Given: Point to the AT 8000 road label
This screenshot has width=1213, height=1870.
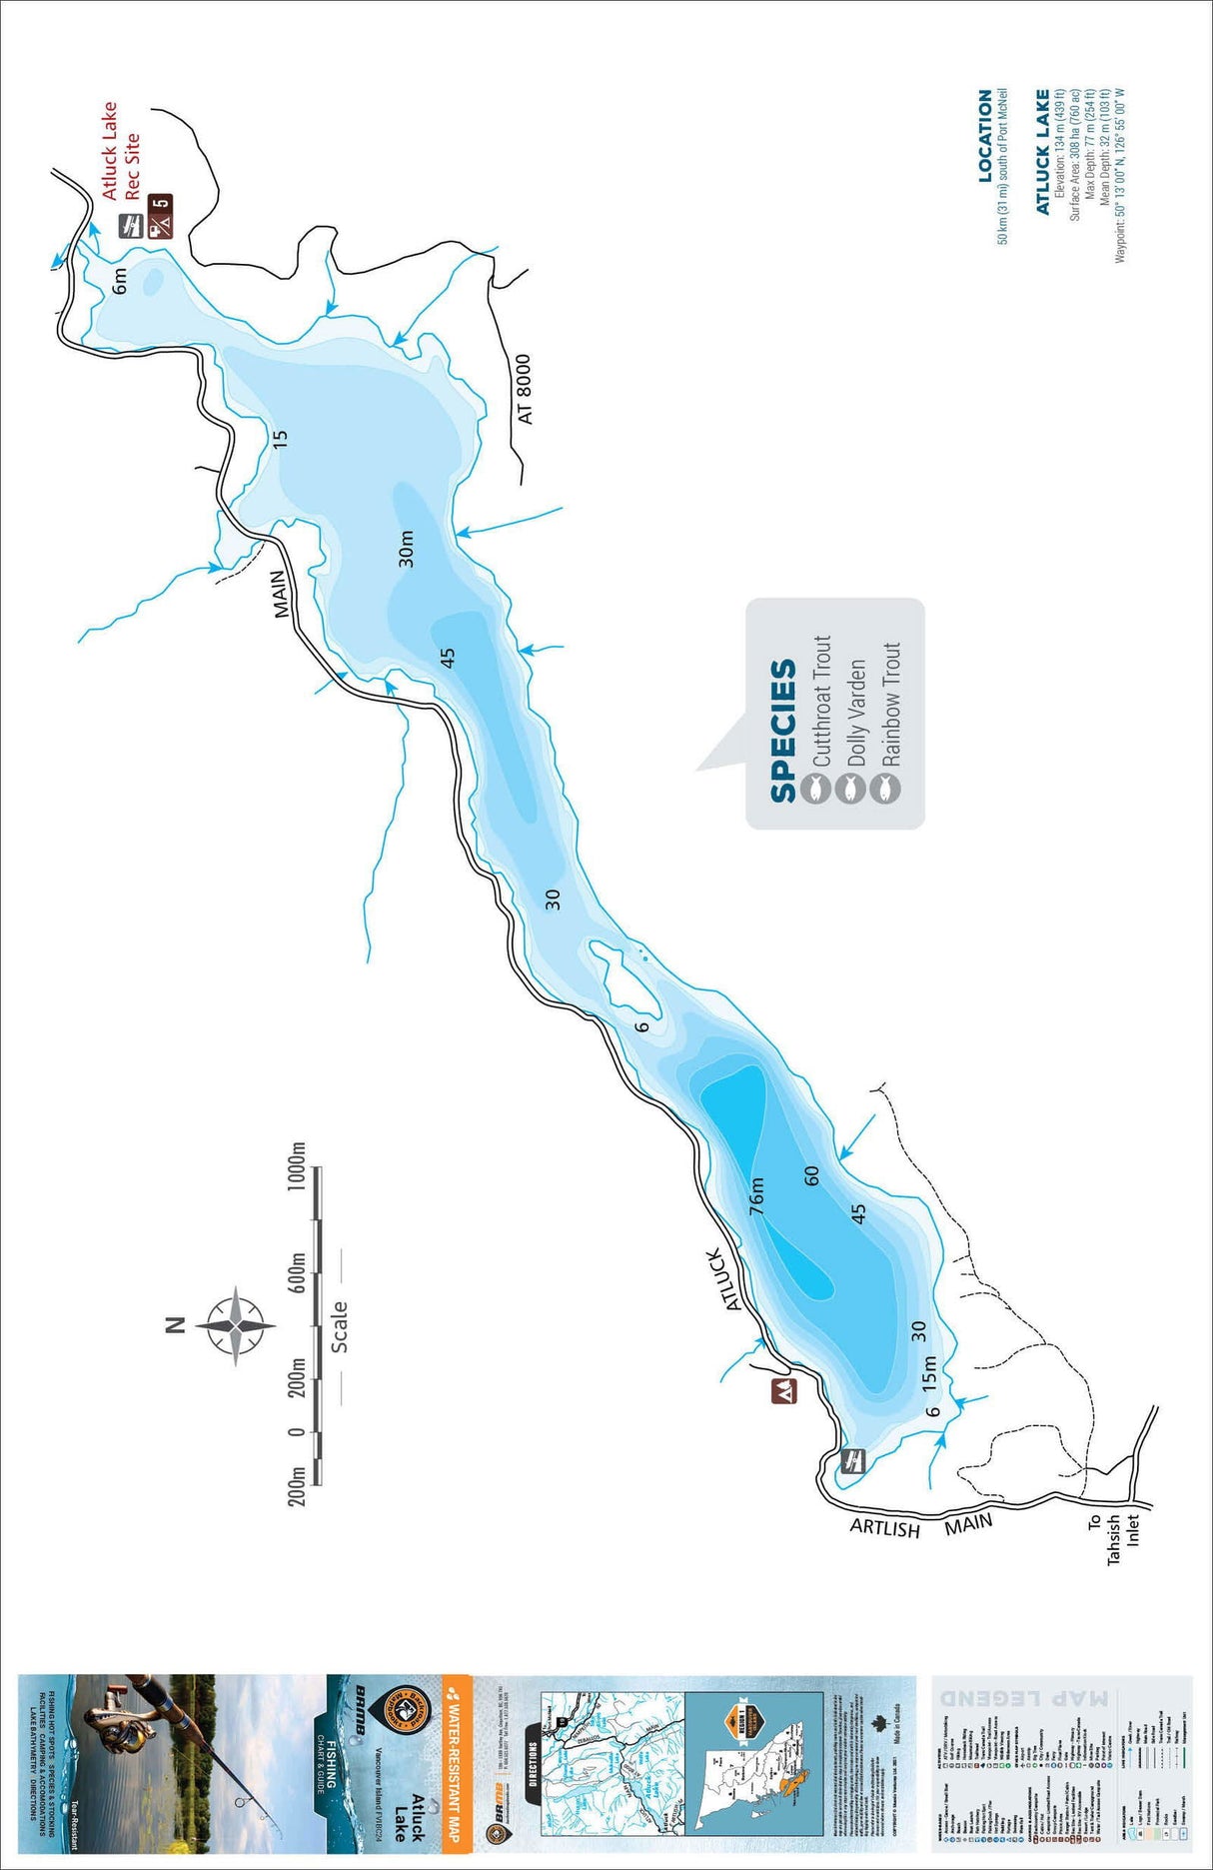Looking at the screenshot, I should pos(526,389).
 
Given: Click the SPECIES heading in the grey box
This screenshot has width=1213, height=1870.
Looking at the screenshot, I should pos(782,730).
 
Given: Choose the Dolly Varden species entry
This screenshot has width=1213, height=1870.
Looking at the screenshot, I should pos(856,712).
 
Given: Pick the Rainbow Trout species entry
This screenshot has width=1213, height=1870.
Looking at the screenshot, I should pos(890,704).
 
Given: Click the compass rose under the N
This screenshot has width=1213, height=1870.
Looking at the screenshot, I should pos(235,1325).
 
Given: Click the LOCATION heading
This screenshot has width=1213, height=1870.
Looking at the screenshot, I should pos(985,135).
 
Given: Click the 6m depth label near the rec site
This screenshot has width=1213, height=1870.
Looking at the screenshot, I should pos(120,281).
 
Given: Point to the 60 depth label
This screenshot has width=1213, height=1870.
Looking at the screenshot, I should pos(811,1175).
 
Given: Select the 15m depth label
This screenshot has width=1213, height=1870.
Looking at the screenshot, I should pos(929,1374).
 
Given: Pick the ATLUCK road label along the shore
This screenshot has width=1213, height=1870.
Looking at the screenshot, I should pos(727,1278).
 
